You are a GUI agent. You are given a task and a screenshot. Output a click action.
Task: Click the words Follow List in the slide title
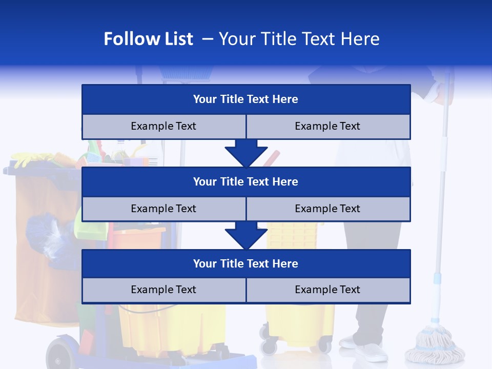pyautogui.click(x=148, y=39)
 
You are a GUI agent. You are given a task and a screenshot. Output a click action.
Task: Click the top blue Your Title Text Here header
pyautogui.click(x=246, y=99)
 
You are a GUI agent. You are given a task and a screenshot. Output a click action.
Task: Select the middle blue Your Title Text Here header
pyautogui.click(x=246, y=182)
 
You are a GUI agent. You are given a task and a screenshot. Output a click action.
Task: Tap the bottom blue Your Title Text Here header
pyautogui.click(x=246, y=264)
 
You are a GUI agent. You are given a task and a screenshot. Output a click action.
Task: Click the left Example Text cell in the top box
pyautogui.click(x=163, y=127)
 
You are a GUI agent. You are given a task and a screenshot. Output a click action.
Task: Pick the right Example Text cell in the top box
pyautogui.click(x=328, y=127)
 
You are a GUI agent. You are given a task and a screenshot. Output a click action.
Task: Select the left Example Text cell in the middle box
pyautogui.click(x=163, y=209)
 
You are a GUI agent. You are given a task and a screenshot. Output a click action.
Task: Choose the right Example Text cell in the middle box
pyautogui.click(x=328, y=209)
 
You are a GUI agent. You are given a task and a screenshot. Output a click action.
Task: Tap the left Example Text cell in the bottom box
pyautogui.click(x=163, y=290)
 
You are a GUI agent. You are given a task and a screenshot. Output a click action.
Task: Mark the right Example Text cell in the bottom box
pyautogui.click(x=328, y=290)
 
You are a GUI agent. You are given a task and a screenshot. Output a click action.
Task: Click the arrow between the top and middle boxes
pyautogui.click(x=246, y=153)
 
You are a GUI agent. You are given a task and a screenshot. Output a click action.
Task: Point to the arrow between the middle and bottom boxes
pyautogui.click(x=246, y=235)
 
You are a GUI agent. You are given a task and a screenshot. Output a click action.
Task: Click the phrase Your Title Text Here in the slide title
pyautogui.click(x=299, y=39)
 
